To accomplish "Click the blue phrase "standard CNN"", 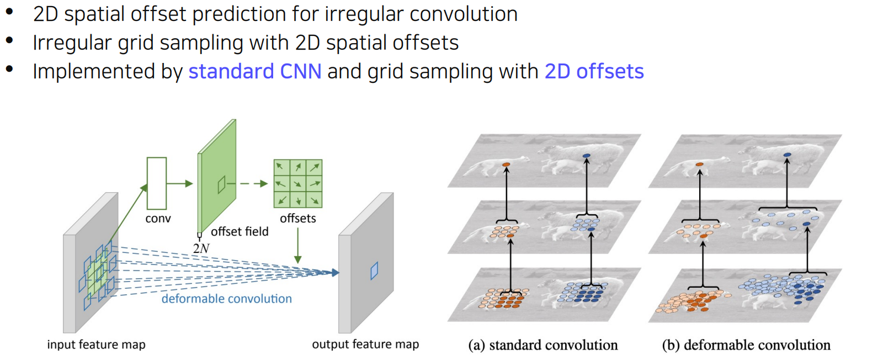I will [x=254, y=72].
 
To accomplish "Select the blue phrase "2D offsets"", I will [x=594, y=72].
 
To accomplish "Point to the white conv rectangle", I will [x=157, y=183].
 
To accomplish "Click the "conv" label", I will [x=158, y=219].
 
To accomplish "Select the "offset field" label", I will [x=240, y=231].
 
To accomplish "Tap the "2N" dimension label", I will [x=201, y=248].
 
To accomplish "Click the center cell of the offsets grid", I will [x=298, y=183].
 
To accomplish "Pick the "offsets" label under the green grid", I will [x=298, y=218].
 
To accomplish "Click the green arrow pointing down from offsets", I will [x=298, y=245].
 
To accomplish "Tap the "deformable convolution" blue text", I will [x=226, y=299].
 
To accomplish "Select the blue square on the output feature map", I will [x=374, y=271].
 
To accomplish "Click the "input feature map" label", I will [x=96, y=345].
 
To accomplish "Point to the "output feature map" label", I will [x=365, y=345].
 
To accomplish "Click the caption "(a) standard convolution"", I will [x=543, y=345].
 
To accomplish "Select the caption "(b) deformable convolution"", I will [x=746, y=345].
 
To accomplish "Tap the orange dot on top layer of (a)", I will [x=506, y=165].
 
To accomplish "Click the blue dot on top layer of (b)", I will [x=788, y=155].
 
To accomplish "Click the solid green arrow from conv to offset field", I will [x=179, y=183].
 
